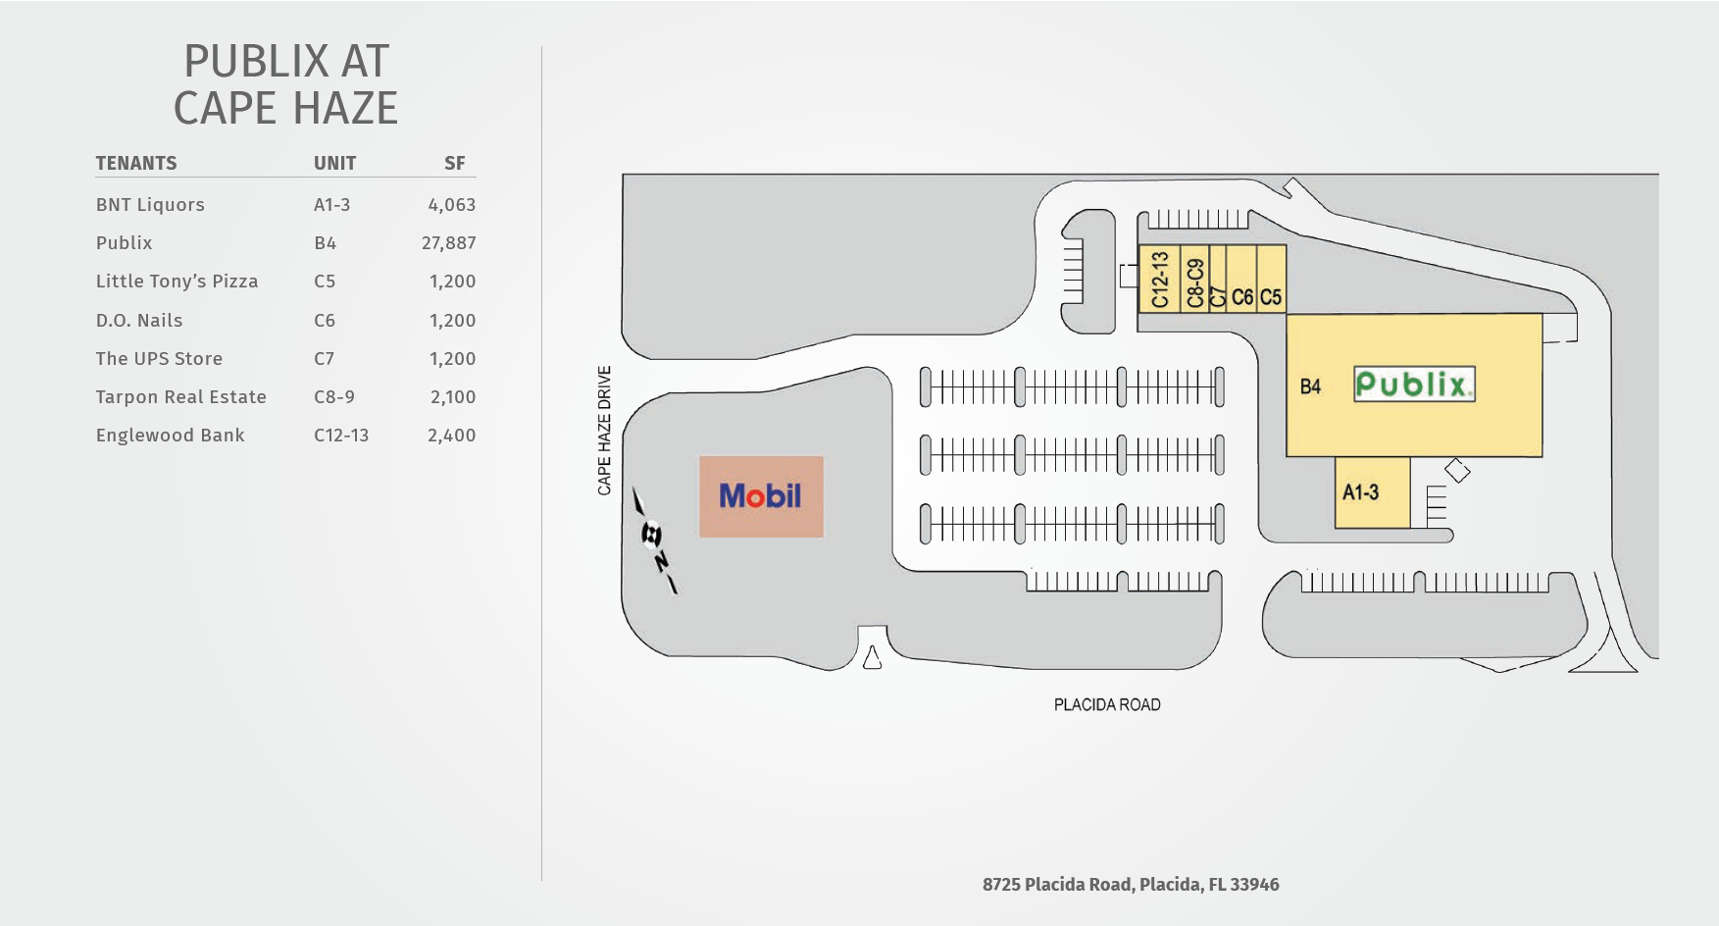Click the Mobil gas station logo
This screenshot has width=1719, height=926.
coord(761,496)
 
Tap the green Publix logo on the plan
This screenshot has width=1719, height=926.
coord(1413,385)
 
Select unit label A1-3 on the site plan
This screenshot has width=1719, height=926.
coord(1360,492)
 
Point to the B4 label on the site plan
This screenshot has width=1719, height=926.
coord(1310,386)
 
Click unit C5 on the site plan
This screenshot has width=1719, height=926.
coord(1271,297)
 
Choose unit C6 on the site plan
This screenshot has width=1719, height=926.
coord(1242,297)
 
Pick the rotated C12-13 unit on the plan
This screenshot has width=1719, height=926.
coord(1160,280)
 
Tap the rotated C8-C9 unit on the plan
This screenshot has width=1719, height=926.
coord(1194,283)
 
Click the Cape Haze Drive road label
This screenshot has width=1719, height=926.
coord(604,431)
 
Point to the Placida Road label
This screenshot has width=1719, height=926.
coord(1107,704)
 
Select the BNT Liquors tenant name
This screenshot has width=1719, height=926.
coord(150,205)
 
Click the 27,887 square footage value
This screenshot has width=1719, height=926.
coord(448,243)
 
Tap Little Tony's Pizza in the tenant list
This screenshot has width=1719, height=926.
coord(177,282)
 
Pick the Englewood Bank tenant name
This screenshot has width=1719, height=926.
coord(170,436)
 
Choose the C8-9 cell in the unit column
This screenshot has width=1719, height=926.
coord(334,397)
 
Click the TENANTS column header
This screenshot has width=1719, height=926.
coord(136,163)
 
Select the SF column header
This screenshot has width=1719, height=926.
coord(454,163)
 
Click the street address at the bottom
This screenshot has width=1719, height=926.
coord(1131,885)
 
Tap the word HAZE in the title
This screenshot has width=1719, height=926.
coord(342,108)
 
